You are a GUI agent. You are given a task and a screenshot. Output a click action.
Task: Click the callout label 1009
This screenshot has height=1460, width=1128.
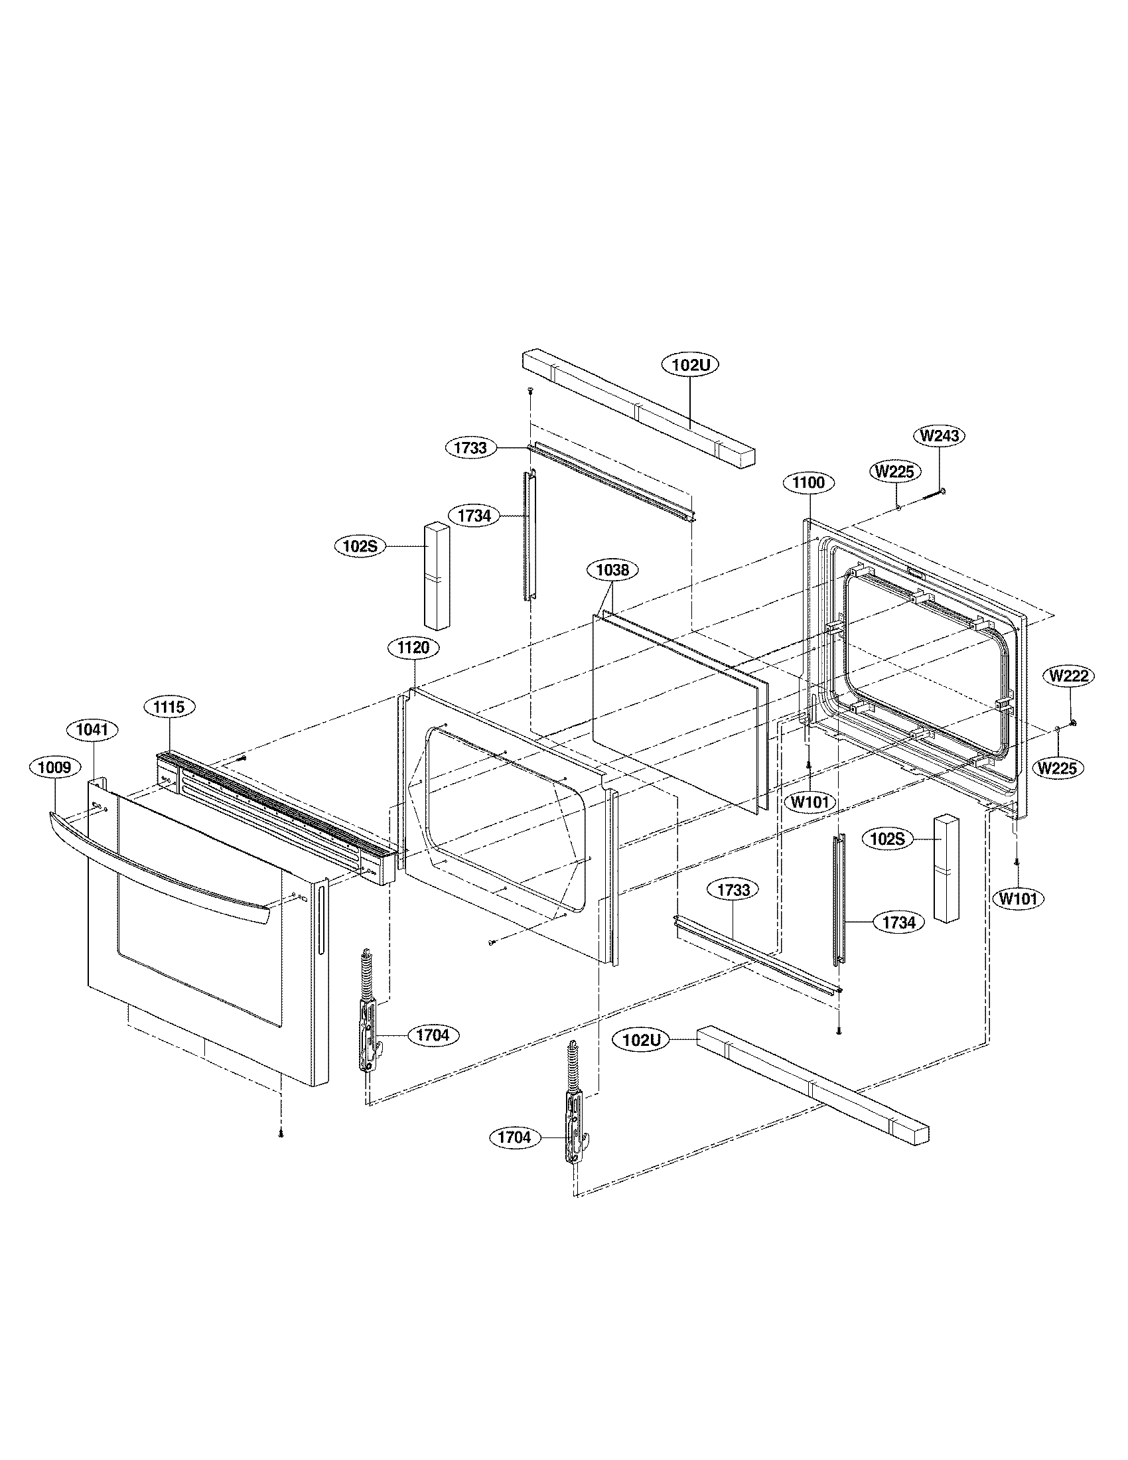coord(54,767)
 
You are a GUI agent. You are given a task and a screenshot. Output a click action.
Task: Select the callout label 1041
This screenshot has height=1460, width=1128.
coord(92,729)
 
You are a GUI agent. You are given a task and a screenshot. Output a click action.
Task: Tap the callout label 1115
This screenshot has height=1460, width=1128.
coord(170,706)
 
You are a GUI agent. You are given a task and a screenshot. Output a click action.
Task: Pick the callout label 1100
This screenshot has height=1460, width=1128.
coord(809,482)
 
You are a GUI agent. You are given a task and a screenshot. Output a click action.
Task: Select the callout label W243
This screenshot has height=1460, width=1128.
coord(940,436)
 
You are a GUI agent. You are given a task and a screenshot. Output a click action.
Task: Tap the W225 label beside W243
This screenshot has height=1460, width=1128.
coord(895,471)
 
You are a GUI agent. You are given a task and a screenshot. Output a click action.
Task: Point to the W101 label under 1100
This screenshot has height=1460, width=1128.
coord(810,801)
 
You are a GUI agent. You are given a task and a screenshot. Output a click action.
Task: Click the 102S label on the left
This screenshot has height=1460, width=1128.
coord(360,546)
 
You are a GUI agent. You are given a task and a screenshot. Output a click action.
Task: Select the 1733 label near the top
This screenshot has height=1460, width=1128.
coord(471,448)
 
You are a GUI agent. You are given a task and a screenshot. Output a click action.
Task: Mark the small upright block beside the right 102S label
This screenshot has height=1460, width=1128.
coord(946,869)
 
